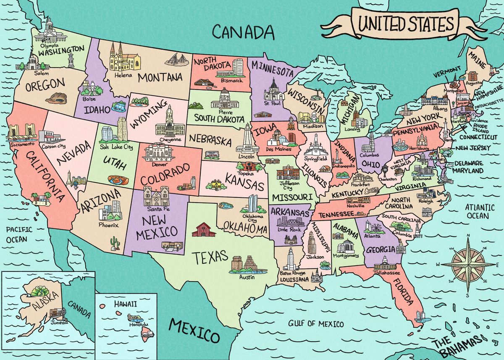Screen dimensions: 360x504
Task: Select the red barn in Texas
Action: (x=203, y=230)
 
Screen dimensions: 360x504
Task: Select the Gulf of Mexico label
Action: (x=316, y=324)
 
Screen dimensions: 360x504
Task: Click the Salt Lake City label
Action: (x=116, y=147)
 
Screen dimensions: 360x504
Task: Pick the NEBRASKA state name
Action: (x=210, y=139)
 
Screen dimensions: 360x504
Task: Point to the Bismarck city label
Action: (x=230, y=80)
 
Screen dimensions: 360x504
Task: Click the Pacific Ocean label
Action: (x=16, y=234)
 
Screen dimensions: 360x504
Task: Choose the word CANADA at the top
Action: (x=243, y=32)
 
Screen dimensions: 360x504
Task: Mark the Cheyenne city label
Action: (x=170, y=139)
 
